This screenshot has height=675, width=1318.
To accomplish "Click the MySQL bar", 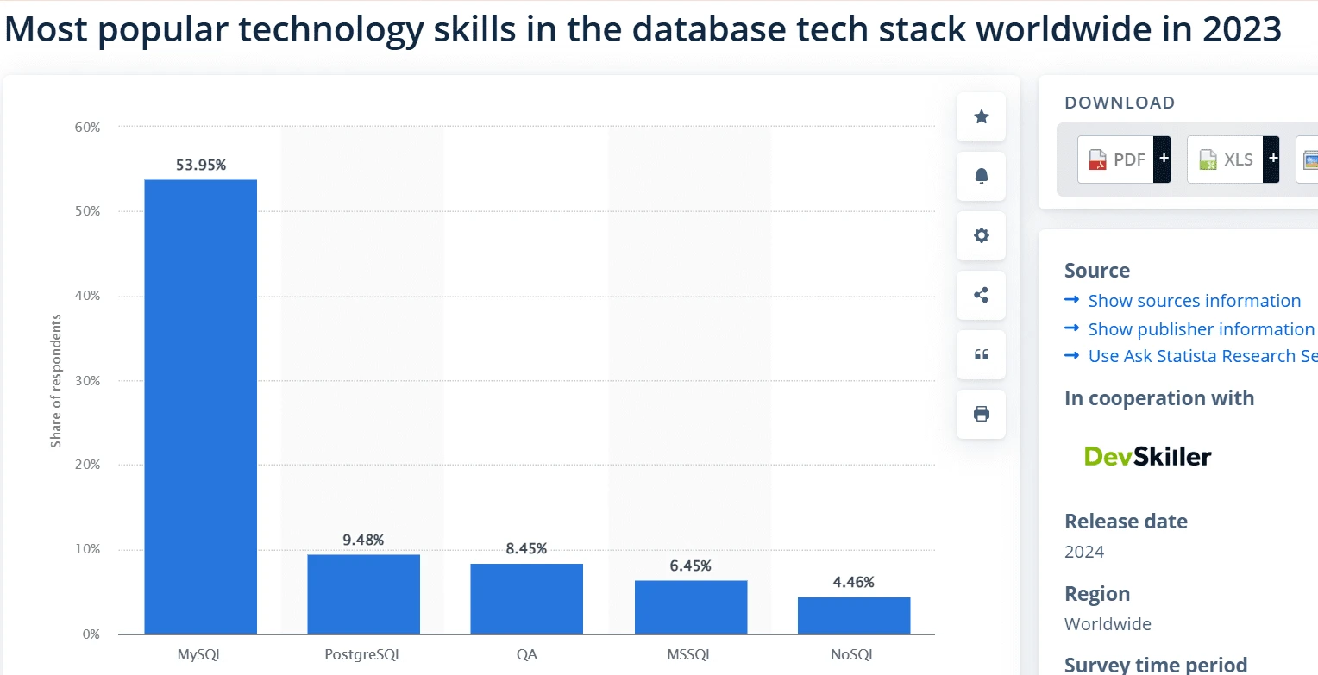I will tap(200, 406).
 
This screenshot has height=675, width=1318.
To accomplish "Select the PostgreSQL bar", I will tap(363, 594).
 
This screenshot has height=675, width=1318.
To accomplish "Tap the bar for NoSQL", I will tap(853, 616).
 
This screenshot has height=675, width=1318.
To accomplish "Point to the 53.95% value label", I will tap(201, 166).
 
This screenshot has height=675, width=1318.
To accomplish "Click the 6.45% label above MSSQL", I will tap(690, 566).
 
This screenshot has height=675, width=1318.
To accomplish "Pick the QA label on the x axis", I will tap(527, 654).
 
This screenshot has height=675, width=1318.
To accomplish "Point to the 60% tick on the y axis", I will tap(87, 127).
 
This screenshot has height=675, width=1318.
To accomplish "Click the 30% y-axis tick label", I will tap(87, 380).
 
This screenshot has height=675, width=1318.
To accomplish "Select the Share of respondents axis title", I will tap(56, 381).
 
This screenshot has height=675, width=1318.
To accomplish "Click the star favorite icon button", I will tap(981, 117).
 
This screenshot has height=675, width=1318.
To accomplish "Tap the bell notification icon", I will tap(981, 176).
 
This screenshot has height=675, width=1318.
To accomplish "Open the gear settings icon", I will tap(981, 235).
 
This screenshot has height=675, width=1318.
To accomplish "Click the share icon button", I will tap(981, 295).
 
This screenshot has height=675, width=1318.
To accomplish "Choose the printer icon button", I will tap(981, 414).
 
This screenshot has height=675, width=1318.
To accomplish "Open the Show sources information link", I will tap(1194, 301).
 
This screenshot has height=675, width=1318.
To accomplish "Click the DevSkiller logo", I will tap(1147, 456).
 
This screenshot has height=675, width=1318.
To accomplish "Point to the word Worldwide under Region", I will tap(1108, 624).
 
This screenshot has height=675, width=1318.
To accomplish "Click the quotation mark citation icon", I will tap(981, 354).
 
